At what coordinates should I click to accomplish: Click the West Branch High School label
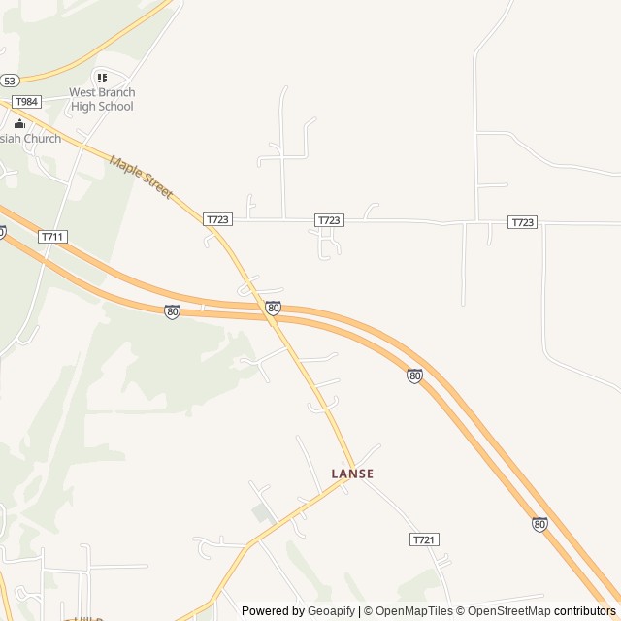pyautogui.click(x=101, y=99)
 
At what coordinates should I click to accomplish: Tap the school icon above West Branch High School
pyautogui.click(x=101, y=78)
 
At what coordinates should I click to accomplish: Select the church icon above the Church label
pyautogui.click(x=19, y=123)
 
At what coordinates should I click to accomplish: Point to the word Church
pyautogui.click(x=44, y=139)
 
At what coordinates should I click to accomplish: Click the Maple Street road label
pyautogui.click(x=141, y=177)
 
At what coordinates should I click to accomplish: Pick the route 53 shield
pyautogui.click(x=9, y=81)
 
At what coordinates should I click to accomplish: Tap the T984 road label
pyautogui.click(x=26, y=102)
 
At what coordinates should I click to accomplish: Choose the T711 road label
pyautogui.click(x=52, y=237)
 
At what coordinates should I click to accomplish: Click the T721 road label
pyautogui.click(x=424, y=539)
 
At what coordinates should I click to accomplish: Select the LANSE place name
pyautogui.click(x=352, y=474)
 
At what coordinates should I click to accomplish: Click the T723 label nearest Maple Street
pyautogui.click(x=217, y=220)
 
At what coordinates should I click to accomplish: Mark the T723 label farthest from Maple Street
pyautogui.click(x=522, y=222)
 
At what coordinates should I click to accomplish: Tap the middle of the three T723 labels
pyautogui.click(x=329, y=221)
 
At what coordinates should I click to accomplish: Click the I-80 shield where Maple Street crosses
pyautogui.click(x=273, y=308)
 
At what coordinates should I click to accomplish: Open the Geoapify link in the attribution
pyautogui.click(x=331, y=611)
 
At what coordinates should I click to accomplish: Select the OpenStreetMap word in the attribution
pyautogui.click(x=509, y=611)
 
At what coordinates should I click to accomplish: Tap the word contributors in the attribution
pyautogui.click(x=585, y=611)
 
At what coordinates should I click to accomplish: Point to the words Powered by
pyautogui.click(x=271, y=611)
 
